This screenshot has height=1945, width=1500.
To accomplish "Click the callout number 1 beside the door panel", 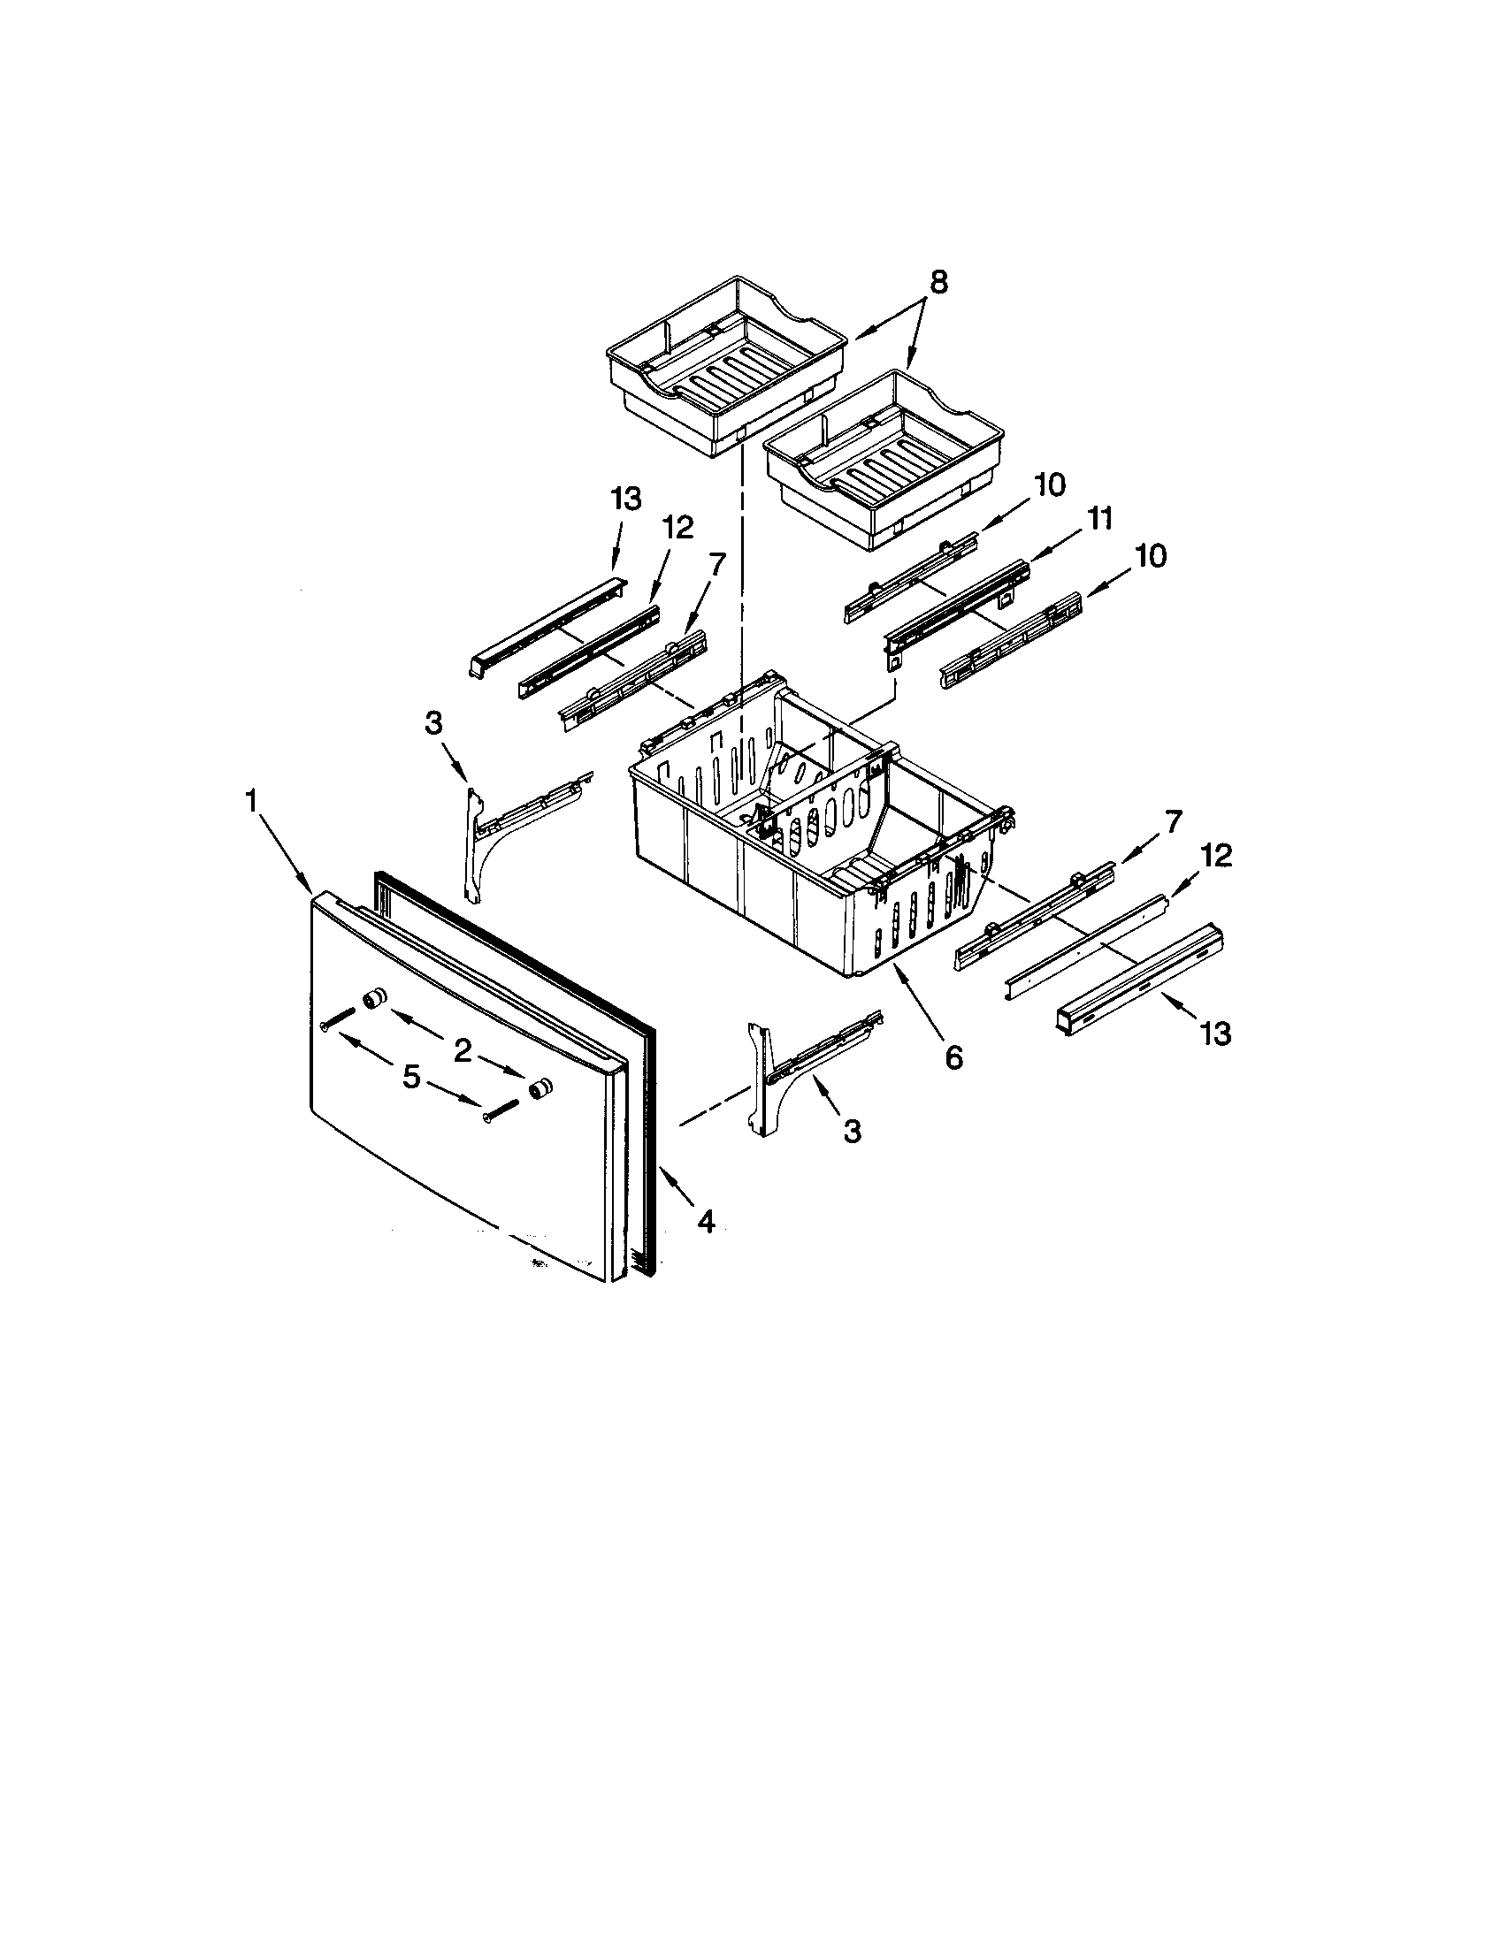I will (x=252, y=802).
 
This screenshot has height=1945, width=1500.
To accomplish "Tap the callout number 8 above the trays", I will (x=938, y=282).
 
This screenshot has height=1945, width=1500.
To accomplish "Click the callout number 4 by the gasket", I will (x=706, y=1223).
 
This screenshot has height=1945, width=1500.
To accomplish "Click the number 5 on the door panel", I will (x=410, y=1077).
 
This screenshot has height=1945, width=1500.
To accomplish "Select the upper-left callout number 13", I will (x=626, y=500).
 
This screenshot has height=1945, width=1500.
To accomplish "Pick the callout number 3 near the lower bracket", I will (x=853, y=1131).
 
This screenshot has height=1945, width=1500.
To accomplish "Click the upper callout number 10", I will (x=1050, y=485).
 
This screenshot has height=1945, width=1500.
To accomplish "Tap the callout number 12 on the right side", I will (x=1216, y=856).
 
